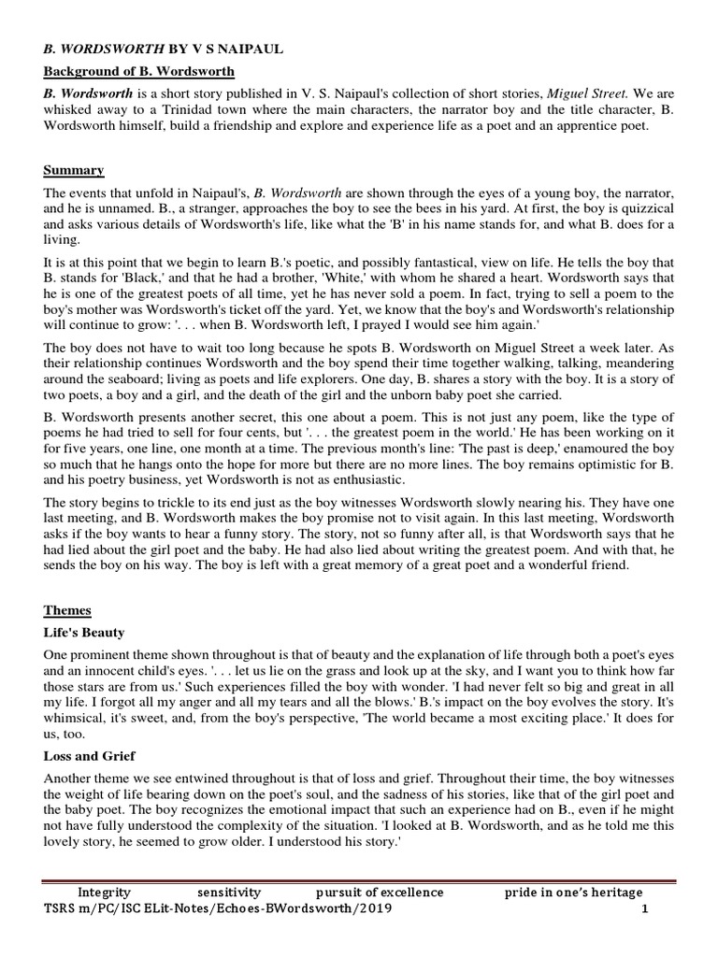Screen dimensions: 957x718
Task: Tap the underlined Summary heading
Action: click(x=74, y=169)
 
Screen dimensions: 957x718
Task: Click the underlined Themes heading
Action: click(x=67, y=609)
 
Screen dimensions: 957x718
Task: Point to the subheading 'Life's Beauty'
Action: click(x=83, y=633)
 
